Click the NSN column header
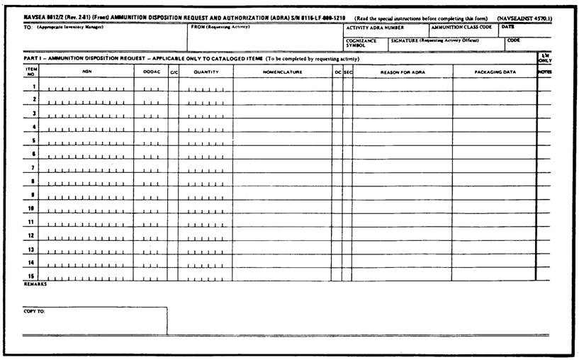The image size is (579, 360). tap(86, 72)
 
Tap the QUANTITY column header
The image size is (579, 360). tap(206, 72)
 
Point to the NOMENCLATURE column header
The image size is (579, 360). tap(282, 72)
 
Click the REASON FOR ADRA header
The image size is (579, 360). tap(403, 72)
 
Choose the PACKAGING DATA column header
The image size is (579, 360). tap(495, 72)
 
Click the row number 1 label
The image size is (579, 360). tap(33, 86)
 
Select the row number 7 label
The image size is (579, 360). tap(33, 168)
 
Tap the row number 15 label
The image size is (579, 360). tap(33, 276)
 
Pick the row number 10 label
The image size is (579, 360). tap(32, 208)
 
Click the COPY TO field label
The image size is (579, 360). tap(34, 311)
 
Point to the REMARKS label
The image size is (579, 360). tap(35, 284)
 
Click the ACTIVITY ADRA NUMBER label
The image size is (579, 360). tap(374, 27)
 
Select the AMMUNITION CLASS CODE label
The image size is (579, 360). tap(461, 27)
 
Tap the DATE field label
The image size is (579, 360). tap(507, 27)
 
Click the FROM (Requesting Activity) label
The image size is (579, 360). tap(220, 27)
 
